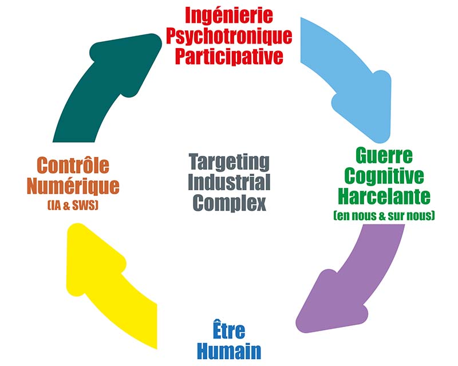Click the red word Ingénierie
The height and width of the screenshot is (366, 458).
[x=228, y=15]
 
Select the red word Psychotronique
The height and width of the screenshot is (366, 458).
[x=228, y=37]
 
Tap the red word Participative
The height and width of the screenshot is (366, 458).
[x=228, y=57]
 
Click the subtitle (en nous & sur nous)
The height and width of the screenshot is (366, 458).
[x=384, y=216]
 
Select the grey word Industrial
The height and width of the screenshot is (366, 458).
[x=228, y=183]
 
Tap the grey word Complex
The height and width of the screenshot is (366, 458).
[x=228, y=203]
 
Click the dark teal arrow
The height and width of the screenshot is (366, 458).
[x=97, y=92]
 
